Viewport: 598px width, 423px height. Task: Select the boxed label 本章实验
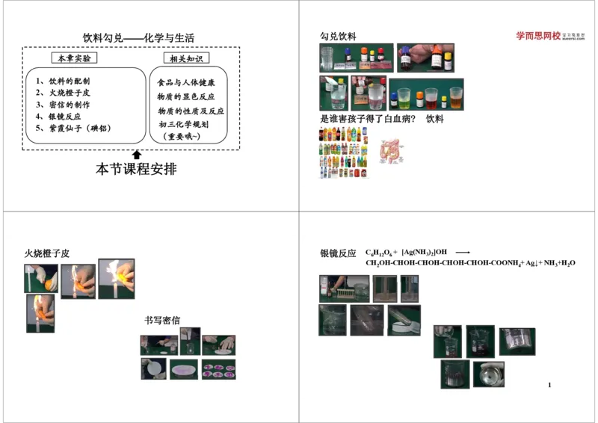[73, 58]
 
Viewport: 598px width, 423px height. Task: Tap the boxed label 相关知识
[186, 58]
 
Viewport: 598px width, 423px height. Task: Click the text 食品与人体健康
[185, 82]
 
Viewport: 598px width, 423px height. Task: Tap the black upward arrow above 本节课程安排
[137, 155]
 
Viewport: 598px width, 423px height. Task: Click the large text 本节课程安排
[136, 170]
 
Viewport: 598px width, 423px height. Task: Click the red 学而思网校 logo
[537, 35]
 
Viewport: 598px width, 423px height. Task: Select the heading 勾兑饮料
[338, 37]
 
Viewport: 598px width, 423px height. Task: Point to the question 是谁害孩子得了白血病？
[367, 119]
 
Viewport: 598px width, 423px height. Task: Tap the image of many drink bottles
[344, 152]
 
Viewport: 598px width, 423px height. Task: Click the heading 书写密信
[162, 321]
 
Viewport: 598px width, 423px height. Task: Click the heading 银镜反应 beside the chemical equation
[338, 254]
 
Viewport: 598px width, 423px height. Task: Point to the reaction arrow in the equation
[463, 253]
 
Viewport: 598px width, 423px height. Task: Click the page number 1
[549, 385]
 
